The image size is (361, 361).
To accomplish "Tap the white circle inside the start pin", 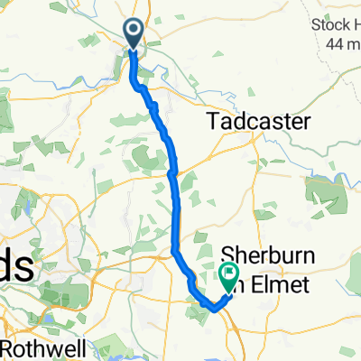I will tap(133, 31).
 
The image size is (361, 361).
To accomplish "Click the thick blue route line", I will tap(175, 199).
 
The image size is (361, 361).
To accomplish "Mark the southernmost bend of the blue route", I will tap(215, 308).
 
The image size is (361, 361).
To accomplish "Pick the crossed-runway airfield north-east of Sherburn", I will tap(322, 190).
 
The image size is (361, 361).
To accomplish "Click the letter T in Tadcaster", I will tap(214, 121).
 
